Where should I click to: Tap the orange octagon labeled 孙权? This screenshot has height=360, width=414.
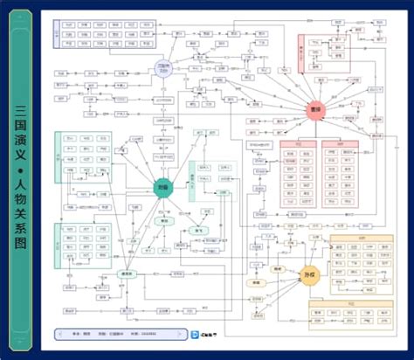[307, 274]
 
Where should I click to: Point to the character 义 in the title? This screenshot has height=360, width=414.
[21, 166]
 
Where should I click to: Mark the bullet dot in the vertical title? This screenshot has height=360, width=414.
[21, 182]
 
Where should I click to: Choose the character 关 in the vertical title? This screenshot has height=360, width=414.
[21, 229]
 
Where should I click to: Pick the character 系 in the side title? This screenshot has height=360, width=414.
[21, 246]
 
